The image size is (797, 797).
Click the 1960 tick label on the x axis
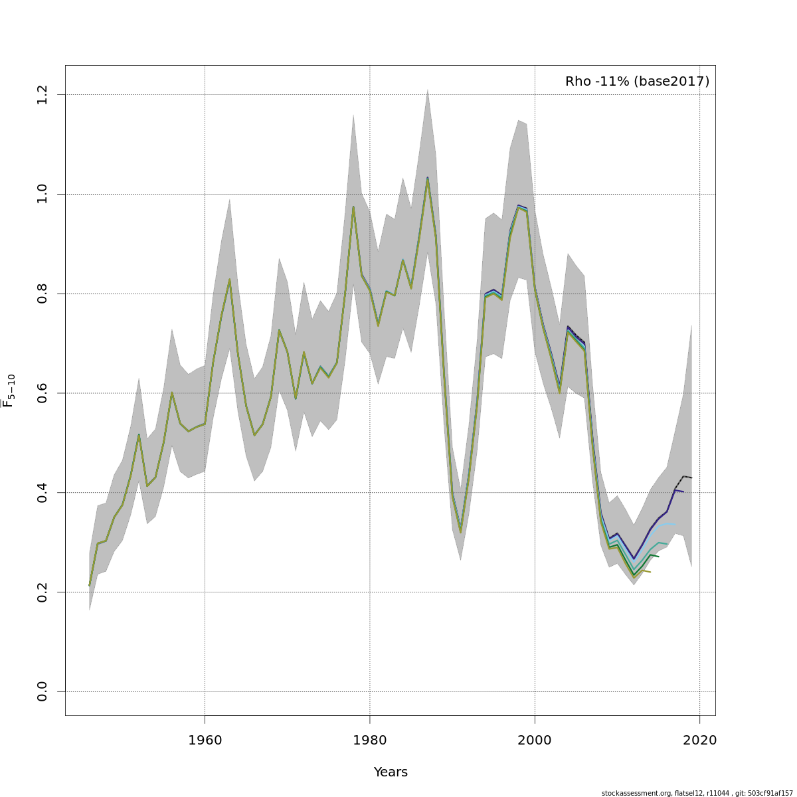205,740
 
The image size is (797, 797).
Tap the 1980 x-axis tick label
370,740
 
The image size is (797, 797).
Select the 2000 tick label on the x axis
535,740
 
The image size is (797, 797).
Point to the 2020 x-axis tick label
700,740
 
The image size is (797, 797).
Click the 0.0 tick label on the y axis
43,691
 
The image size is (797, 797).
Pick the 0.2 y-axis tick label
43,592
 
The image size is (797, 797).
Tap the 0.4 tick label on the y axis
43,492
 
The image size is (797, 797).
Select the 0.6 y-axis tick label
43,393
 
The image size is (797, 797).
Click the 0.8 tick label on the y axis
43,294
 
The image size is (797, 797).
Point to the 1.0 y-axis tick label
43,194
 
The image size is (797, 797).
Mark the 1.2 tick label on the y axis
43,95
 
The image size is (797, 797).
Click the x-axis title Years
391,772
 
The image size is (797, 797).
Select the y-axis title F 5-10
9,391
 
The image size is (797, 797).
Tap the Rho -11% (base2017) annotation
637,82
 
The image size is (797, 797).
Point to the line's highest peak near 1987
427,178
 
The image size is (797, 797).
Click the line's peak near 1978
353,207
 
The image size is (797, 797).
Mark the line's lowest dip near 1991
460,531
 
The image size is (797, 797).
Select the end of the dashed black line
692,478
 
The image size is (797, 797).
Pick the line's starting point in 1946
90,585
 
